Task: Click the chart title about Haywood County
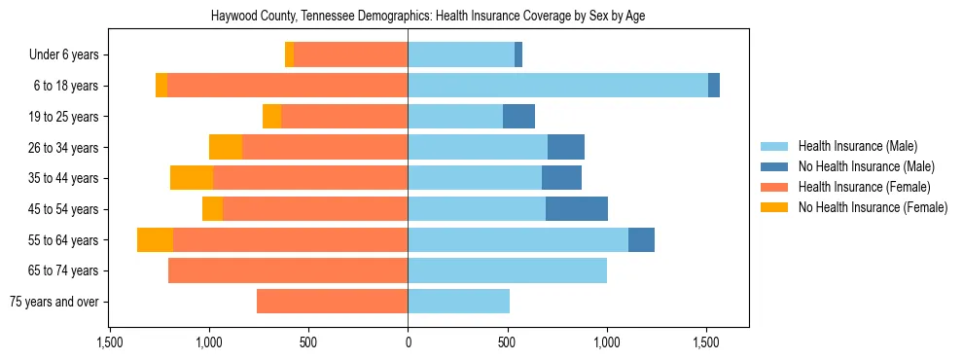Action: tap(429, 17)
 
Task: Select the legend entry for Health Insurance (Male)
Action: tap(857, 146)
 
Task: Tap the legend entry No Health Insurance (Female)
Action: tap(872, 207)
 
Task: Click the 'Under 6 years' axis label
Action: tap(63, 55)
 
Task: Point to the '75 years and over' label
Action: tap(53, 302)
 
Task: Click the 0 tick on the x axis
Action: tap(408, 342)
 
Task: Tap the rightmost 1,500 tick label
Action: tap(706, 342)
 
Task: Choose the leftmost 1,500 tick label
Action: tap(110, 342)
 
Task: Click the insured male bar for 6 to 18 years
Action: tap(557, 86)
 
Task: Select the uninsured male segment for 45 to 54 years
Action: tap(577, 209)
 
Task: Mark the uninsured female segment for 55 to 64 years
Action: tap(155, 239)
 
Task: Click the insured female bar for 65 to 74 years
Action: tap(288, 270)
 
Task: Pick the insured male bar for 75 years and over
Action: tap(458, 302)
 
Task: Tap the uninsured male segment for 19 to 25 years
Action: tap(518, 117)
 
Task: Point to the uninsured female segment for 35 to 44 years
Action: tap(192, 178)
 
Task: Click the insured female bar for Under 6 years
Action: tap(350, 55)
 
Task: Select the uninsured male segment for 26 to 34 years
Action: tap(566, 147)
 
